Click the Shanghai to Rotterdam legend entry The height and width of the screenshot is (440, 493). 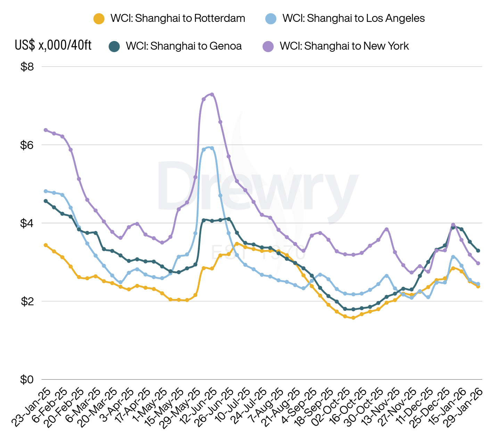178,18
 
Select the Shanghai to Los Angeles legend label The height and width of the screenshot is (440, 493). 353,18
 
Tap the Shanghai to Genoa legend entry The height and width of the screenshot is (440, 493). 183,46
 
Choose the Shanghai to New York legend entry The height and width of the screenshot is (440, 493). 344,46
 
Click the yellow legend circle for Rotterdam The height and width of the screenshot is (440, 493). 99,19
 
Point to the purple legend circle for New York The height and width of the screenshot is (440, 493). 268,46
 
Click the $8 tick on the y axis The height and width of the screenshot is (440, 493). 27,67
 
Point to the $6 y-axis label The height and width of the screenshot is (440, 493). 27,145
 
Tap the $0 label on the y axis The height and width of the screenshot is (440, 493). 27,380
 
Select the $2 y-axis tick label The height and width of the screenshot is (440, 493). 27,301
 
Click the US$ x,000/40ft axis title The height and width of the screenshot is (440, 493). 53,45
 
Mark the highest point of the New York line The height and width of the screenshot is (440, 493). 212,94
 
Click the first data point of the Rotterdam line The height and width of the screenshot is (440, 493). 46,245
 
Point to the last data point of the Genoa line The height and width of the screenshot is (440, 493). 478,250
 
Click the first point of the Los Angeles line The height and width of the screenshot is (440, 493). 46,191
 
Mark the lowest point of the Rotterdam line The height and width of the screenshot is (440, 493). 353,318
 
